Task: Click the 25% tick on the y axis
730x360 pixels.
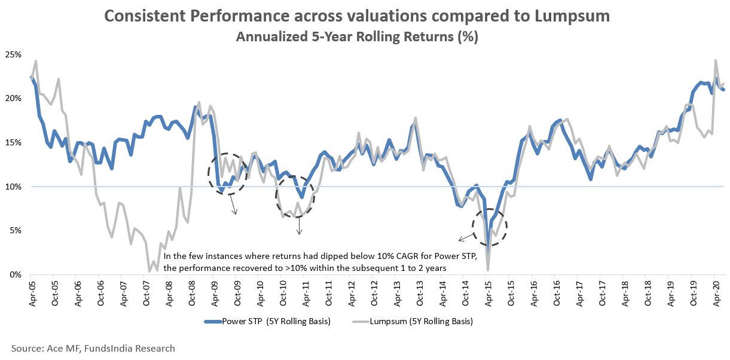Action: (13, 54)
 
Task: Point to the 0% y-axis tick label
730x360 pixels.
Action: (16, 274)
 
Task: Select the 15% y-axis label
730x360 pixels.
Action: (13, 142)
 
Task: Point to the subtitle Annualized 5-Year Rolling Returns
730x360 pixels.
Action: (356, 36)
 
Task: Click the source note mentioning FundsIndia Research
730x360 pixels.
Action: (93, 348)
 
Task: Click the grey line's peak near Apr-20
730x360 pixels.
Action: (716, 60)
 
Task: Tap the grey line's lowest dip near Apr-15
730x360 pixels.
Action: (488, 270)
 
